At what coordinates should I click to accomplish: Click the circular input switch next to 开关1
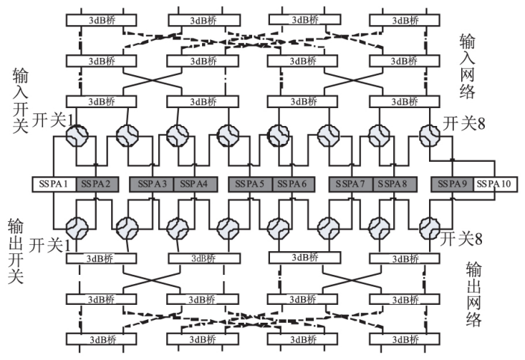[77, 134]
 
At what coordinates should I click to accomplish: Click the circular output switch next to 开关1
[77, 228]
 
